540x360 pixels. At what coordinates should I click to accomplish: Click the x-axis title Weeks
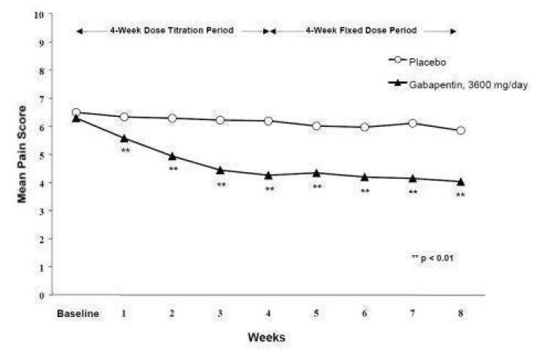click(x=265, y=337)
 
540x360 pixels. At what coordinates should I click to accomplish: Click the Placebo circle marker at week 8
click(x=461, y=131)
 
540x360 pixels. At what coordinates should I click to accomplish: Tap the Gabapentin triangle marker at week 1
click(x=124, y=138)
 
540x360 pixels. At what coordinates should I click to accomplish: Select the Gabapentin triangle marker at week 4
click(x=268, y=175)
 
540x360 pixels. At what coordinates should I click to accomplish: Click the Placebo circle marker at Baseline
click(x=75, y=112)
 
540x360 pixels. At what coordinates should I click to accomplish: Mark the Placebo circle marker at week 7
click(x=413, y=123)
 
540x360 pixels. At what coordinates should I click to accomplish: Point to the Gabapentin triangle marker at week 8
click(x=461, y=181)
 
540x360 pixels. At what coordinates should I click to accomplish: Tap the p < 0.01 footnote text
click(x=433, y=258)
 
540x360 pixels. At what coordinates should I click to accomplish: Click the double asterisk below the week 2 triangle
click(x=173, y=169)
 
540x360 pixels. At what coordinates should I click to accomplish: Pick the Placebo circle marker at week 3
click(x=220, y=120)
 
